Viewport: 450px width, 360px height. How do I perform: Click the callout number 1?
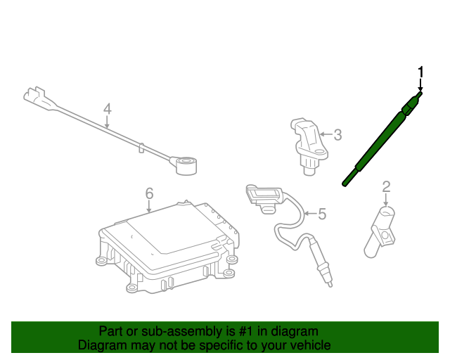[420, 72]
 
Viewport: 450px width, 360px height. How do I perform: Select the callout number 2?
[387, 186]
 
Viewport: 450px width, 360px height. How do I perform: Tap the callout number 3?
[338, 135]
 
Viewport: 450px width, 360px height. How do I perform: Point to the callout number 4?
[107, 109]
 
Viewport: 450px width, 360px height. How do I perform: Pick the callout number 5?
[322, 214]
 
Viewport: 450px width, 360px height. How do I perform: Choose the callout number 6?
[149, 193]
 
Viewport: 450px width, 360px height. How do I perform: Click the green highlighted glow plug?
[382, 139]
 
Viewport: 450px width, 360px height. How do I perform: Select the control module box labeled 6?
[168, 247]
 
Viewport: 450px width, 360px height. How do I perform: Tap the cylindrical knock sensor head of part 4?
[186, 165]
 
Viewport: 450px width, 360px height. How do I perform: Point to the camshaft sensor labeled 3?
[309, 146]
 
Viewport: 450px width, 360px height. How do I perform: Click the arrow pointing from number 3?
[326, 134]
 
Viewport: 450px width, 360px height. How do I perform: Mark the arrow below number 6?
[148, 206]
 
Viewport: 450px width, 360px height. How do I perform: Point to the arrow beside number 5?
[310, 213]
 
